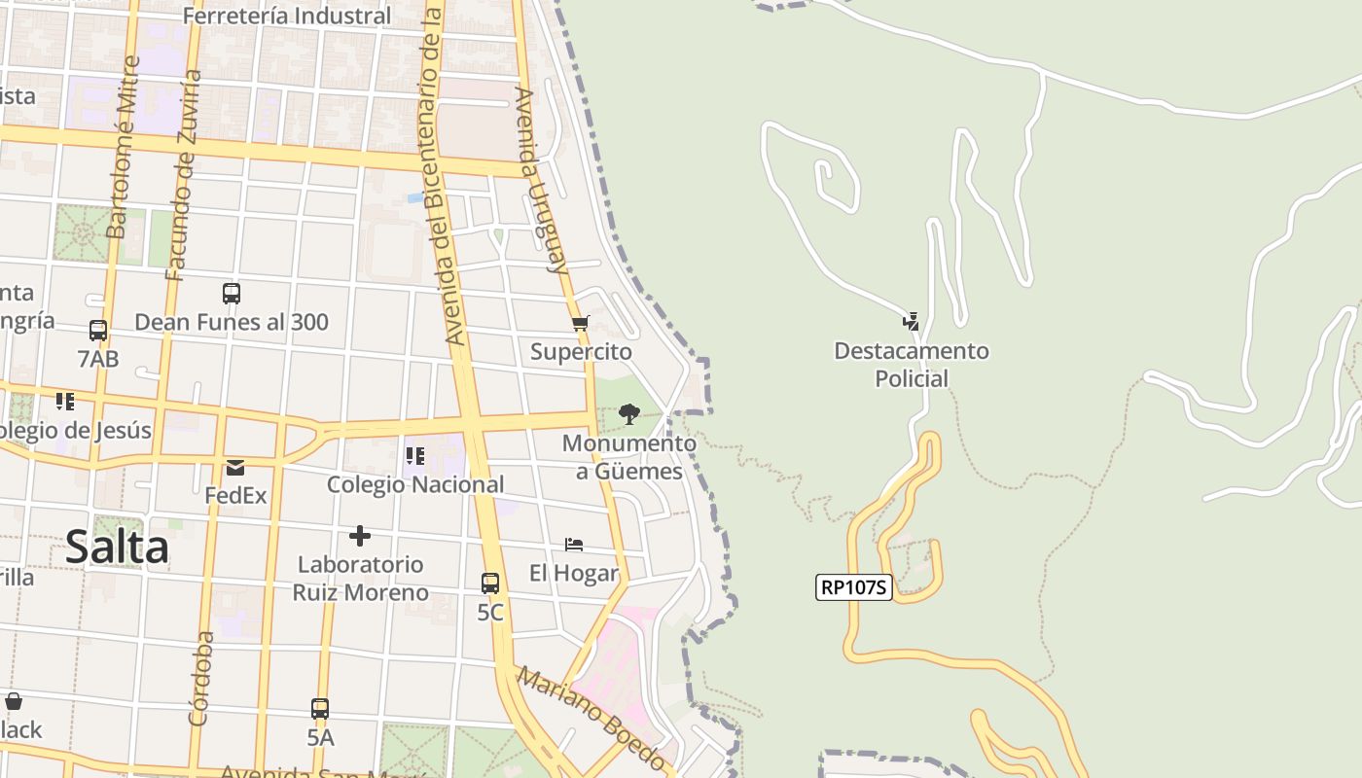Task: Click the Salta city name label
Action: pos(117,548)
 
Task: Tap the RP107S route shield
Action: pos(854,587)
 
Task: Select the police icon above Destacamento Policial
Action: pos(911,321)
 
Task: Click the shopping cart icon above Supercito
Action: pos(581,323)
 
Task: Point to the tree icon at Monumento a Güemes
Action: pos(629,414)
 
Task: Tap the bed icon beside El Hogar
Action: pos(574,545)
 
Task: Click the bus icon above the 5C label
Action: pos(490,583)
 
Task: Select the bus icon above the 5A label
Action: pos(320,709)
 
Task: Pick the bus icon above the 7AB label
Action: pos(98,331)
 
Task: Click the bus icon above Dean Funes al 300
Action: pos(232,294)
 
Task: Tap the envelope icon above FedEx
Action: pos(235,468)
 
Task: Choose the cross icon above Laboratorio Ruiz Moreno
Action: pos(360,536)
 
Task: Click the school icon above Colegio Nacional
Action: pos(415,456)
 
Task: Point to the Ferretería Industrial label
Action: pos(287,16)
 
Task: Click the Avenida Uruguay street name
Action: pos(541,180)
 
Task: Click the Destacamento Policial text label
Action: pos(912,364)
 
